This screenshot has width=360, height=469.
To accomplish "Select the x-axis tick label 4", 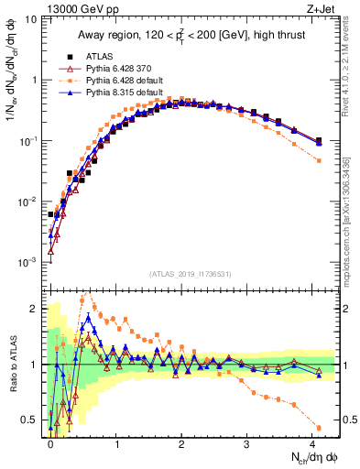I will click(312, 443).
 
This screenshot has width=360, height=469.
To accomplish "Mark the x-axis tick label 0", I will click(50, 443).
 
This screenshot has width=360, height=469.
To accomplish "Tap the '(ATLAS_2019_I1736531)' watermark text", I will click(182, 275).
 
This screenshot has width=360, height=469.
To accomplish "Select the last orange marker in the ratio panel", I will click(318, 428).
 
